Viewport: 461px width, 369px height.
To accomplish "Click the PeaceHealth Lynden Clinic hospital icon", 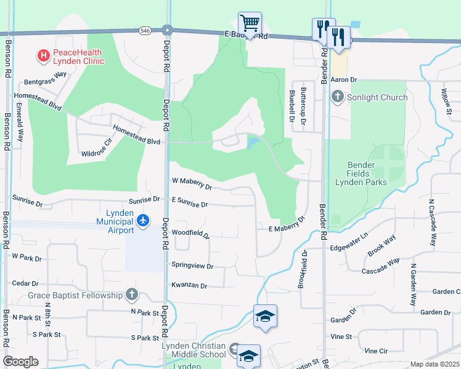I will [44, 56].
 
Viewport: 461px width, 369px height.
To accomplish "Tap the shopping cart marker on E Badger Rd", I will [250, 23].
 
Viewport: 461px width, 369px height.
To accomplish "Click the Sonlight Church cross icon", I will [337, 97].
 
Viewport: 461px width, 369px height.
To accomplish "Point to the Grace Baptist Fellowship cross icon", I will [131, 295].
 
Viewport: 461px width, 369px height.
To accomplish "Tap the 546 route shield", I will [144, 29].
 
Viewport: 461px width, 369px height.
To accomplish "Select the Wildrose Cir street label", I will [92, 148].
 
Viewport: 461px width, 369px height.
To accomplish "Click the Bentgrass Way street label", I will [45, 78].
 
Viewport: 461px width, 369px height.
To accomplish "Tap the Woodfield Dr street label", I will [190, 234].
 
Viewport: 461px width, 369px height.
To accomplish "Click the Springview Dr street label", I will [192, 266].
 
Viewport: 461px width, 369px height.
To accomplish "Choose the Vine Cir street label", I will [376, 351].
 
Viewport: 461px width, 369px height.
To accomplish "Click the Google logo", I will [20, 362].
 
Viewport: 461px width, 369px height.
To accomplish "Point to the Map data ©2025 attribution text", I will [434, 364].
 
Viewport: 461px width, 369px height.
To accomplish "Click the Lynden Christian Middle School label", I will [194, 349].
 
